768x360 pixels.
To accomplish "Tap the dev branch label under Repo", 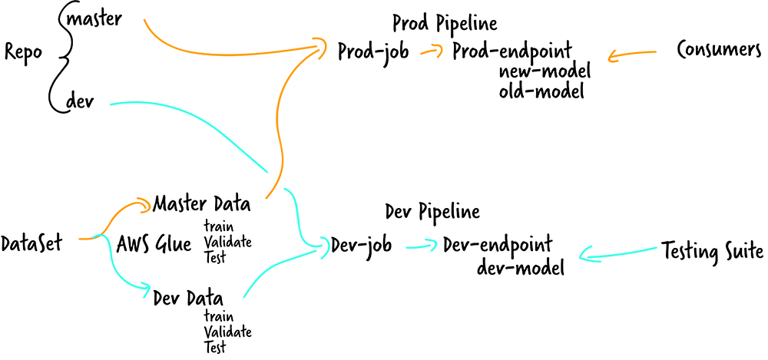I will tap(81, 101).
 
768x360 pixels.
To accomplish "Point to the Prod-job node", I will tap(373, 52).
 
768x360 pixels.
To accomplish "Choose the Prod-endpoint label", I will tap(511, 52).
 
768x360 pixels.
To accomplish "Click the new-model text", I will tap(545, 72).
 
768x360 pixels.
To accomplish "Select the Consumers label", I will tap(719, 50).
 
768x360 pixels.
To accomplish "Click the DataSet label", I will tap(31, 244).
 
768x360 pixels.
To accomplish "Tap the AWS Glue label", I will tap(154, 245).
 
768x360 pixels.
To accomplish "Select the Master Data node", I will tap(201, 204).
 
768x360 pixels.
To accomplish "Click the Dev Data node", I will tap(188, 297).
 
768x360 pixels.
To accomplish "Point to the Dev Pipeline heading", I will tap(432, 211).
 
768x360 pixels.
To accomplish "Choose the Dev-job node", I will tap(362, 245).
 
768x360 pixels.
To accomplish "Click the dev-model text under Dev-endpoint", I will tap(521, 267).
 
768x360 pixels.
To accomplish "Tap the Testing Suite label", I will tap(712, 250).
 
